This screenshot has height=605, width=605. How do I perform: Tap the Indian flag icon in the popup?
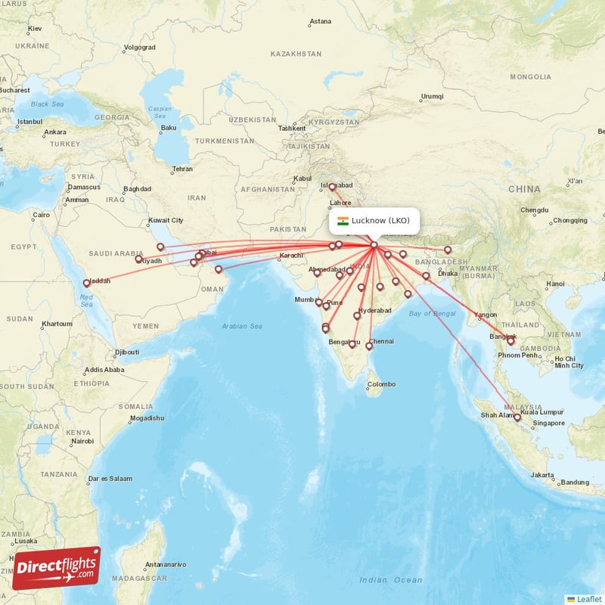343,221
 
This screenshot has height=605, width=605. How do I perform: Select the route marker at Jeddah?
86,284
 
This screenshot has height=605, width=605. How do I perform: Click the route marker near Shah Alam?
517,417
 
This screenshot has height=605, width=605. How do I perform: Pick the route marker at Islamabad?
332,187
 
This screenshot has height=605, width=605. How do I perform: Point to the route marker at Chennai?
369,346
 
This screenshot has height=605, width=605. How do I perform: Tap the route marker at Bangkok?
510,341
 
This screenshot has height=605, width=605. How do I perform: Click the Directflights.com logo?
56,567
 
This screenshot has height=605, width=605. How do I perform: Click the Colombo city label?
381,384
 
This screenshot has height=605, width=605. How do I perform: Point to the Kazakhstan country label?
296,54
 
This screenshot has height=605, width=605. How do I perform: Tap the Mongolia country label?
530,77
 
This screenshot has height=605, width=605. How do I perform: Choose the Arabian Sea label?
242,326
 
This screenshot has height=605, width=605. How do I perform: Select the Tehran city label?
182,169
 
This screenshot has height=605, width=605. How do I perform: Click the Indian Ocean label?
391,580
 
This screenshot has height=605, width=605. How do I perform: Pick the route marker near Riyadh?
138,259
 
